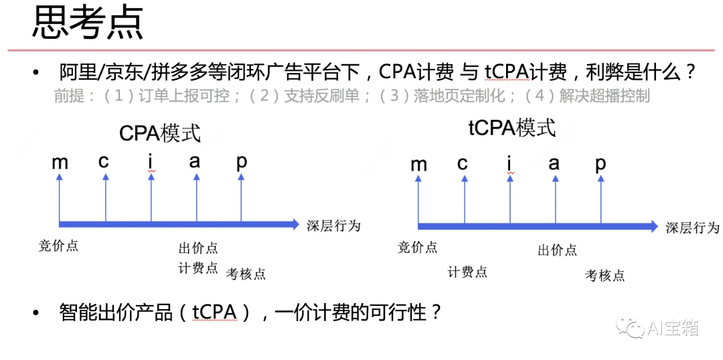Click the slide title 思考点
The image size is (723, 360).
tap(88, 23)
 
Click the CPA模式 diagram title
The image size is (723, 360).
tap(160, 132)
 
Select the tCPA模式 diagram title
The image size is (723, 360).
tap(511, 128)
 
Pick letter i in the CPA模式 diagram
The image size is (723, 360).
tap(151, 161)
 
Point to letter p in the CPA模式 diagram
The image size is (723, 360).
tap(242, 161)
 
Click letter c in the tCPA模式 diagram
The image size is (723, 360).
tap(463, 163)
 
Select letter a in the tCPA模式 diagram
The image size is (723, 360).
tap(554, 163)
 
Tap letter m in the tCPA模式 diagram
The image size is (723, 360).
tap(418, 164)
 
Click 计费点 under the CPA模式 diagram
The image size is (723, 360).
tap(198, 268)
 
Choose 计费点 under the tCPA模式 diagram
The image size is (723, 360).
tap(467, 272)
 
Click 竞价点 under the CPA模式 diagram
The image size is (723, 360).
tap(59, 246)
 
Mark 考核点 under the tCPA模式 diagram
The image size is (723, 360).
tap(605, 275)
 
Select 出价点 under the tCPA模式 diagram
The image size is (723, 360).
tap(557, 250)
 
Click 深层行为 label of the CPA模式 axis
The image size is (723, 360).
tap(333, 226)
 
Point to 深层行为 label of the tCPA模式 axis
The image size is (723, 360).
tap(692, 228)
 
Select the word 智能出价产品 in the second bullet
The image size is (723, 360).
tap(116, 312)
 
